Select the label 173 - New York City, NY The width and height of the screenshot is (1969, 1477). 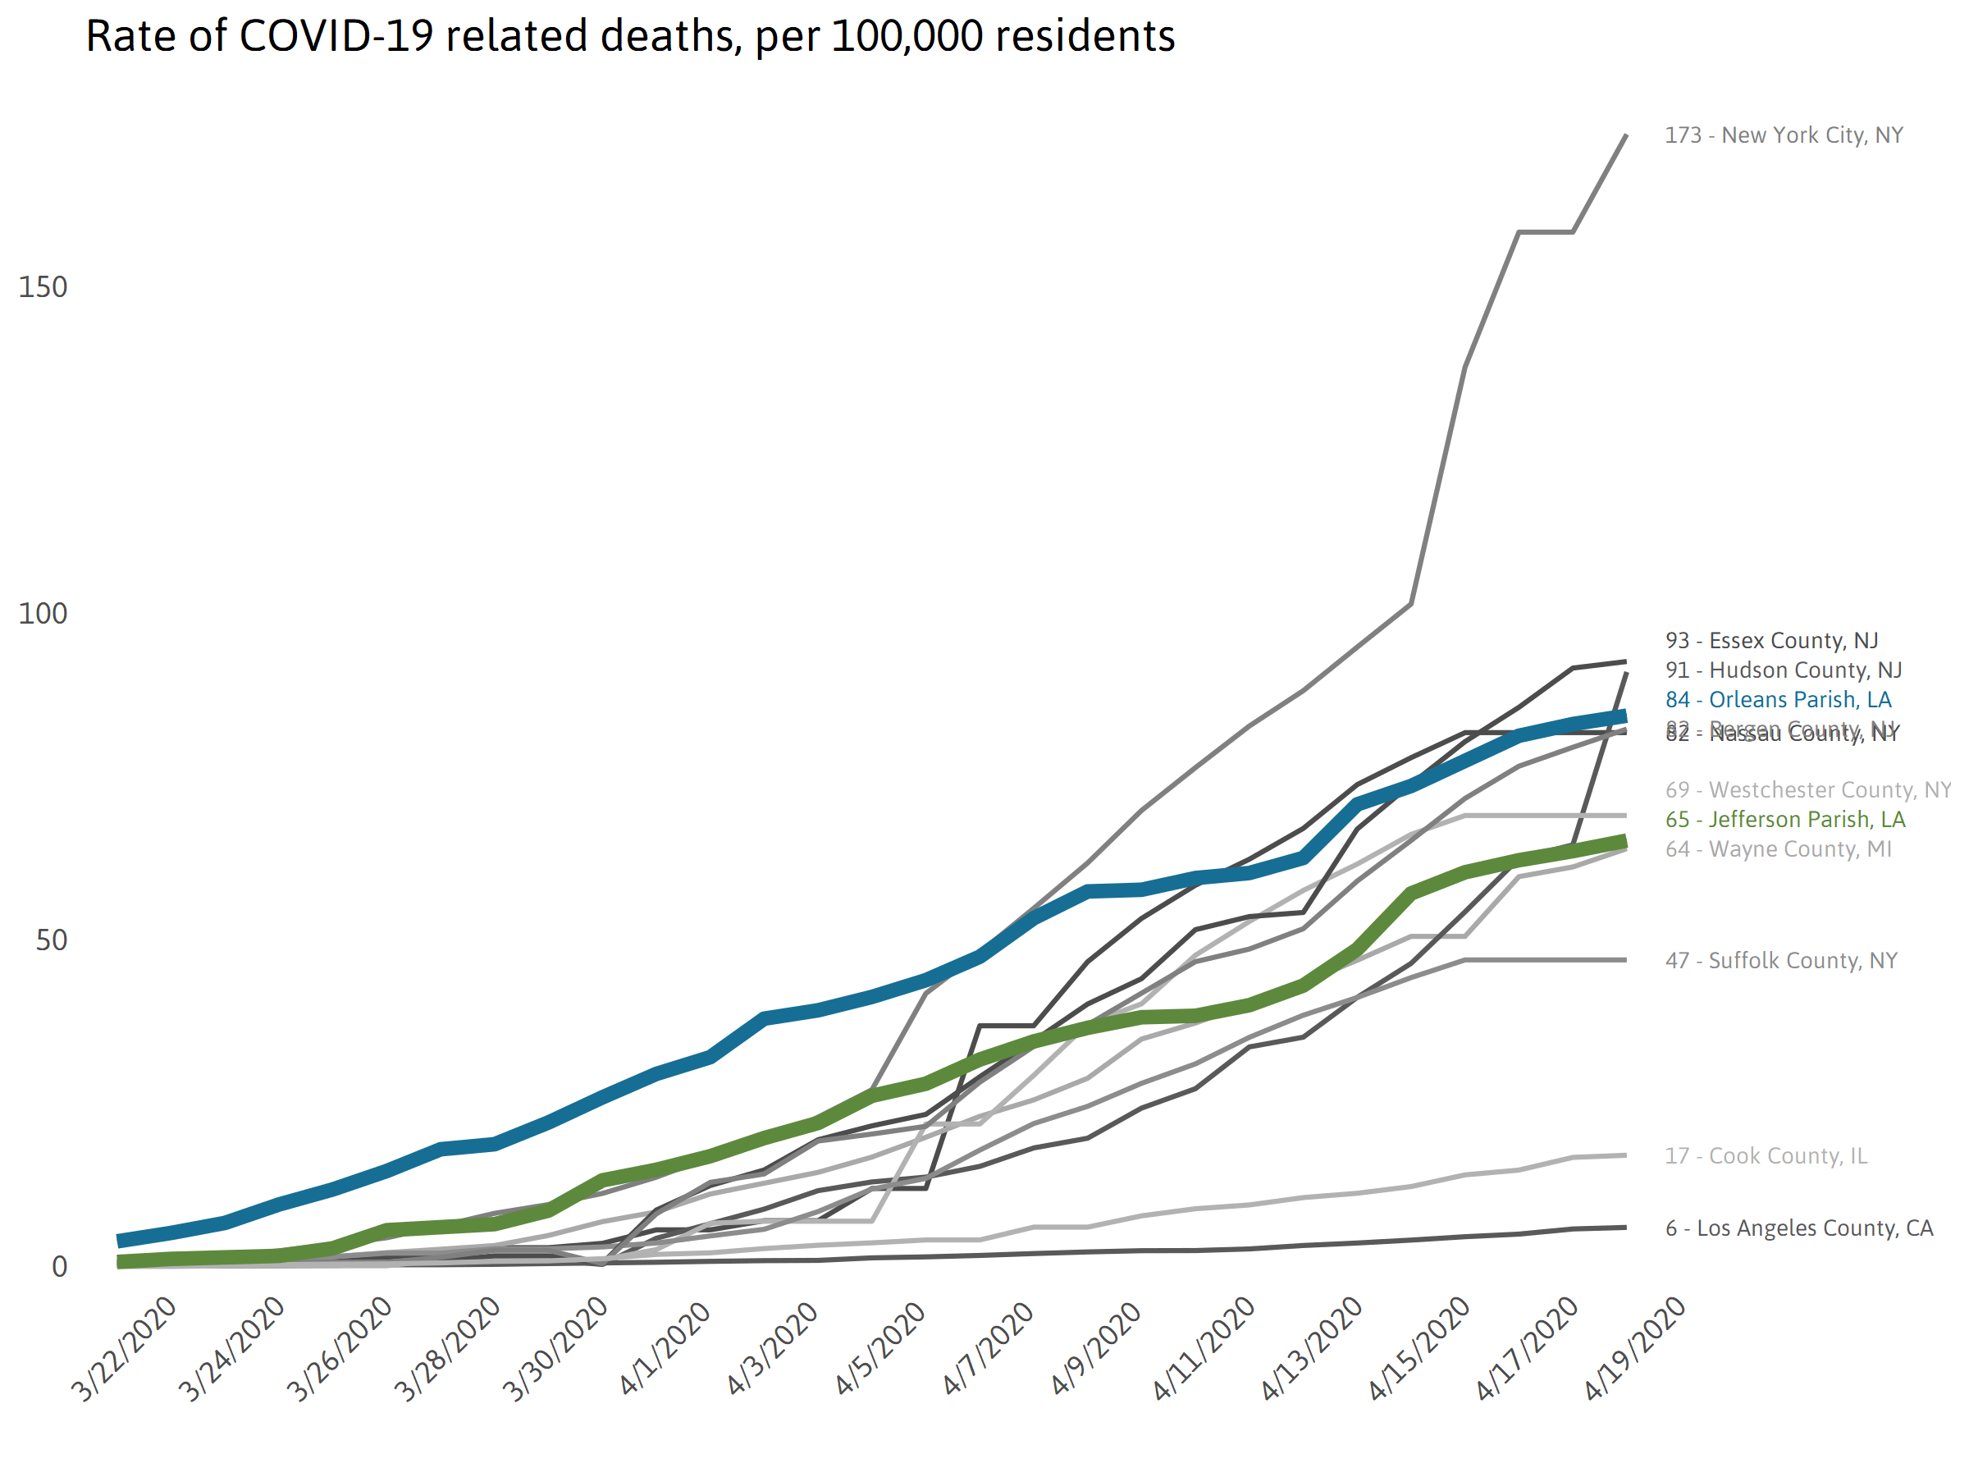1784,135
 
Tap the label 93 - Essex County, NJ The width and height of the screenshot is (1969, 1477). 1771,640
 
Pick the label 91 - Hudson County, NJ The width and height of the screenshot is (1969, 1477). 1783,670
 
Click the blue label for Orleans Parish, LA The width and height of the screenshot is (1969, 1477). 1778,700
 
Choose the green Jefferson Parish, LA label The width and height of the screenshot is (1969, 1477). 1784,819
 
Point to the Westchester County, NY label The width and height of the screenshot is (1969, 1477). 1807,789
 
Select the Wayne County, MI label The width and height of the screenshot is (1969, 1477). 1778,848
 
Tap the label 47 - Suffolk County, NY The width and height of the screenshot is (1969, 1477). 1781,961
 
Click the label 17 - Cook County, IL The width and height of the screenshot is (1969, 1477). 1766,1155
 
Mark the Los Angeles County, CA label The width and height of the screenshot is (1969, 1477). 1799,1228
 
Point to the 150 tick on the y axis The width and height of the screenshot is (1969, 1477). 43,287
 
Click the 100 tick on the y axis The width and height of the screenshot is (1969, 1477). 43,614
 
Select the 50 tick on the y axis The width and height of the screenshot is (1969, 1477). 52,940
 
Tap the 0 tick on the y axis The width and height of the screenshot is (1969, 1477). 60,1266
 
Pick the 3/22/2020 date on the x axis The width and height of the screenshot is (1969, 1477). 125,1349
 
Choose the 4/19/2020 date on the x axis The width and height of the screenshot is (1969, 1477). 1634,1349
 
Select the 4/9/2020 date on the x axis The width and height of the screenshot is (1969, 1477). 1096,1347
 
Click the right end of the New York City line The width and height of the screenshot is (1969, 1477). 1626,135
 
